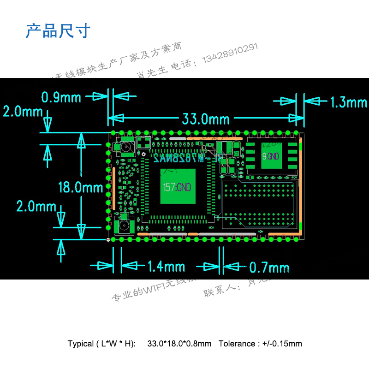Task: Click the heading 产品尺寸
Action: pyautogui.click(x=57, y=31)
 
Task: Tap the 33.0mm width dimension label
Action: pyautogui.click(x=205, y=119)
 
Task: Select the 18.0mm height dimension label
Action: pyautogui.click(x=81, y=187)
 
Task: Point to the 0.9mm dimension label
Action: pyautogui.click(x=61, y=97)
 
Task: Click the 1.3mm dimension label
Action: pyautogui.click(x=348, y=102)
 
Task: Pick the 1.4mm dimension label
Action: pyautogui.click(x=166, y=267)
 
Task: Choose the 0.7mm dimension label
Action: pyautogui.click(x=269, y=268)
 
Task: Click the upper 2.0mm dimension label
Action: pyautogui.click(x=22, y=112)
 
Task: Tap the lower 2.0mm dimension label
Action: pyautogui.click(x=36, y=206)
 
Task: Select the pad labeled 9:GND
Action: pyautogui.click(x=271, y=156)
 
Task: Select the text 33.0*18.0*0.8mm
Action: pyautogui.click(x=179, y=344)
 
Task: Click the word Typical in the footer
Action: pyautogui.click(x=80, y=344)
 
